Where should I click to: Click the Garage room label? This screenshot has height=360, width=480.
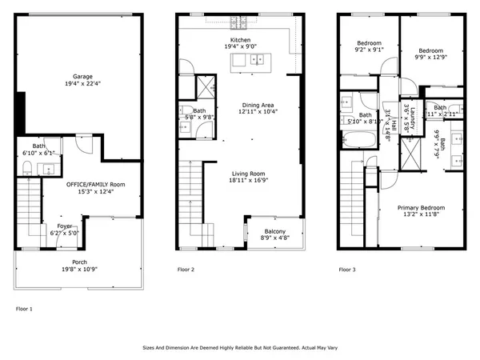78,77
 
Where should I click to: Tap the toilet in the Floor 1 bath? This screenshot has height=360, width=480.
26,166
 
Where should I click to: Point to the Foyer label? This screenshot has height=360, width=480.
64,226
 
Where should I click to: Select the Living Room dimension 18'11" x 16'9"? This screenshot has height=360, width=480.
241,181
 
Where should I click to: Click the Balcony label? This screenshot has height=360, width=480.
274,231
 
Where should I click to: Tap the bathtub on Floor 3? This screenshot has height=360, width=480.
356,141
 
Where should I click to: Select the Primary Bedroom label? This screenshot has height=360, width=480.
421,207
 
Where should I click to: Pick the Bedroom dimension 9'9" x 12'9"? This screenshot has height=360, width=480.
431,57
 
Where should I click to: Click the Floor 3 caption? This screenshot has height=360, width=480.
346,270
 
